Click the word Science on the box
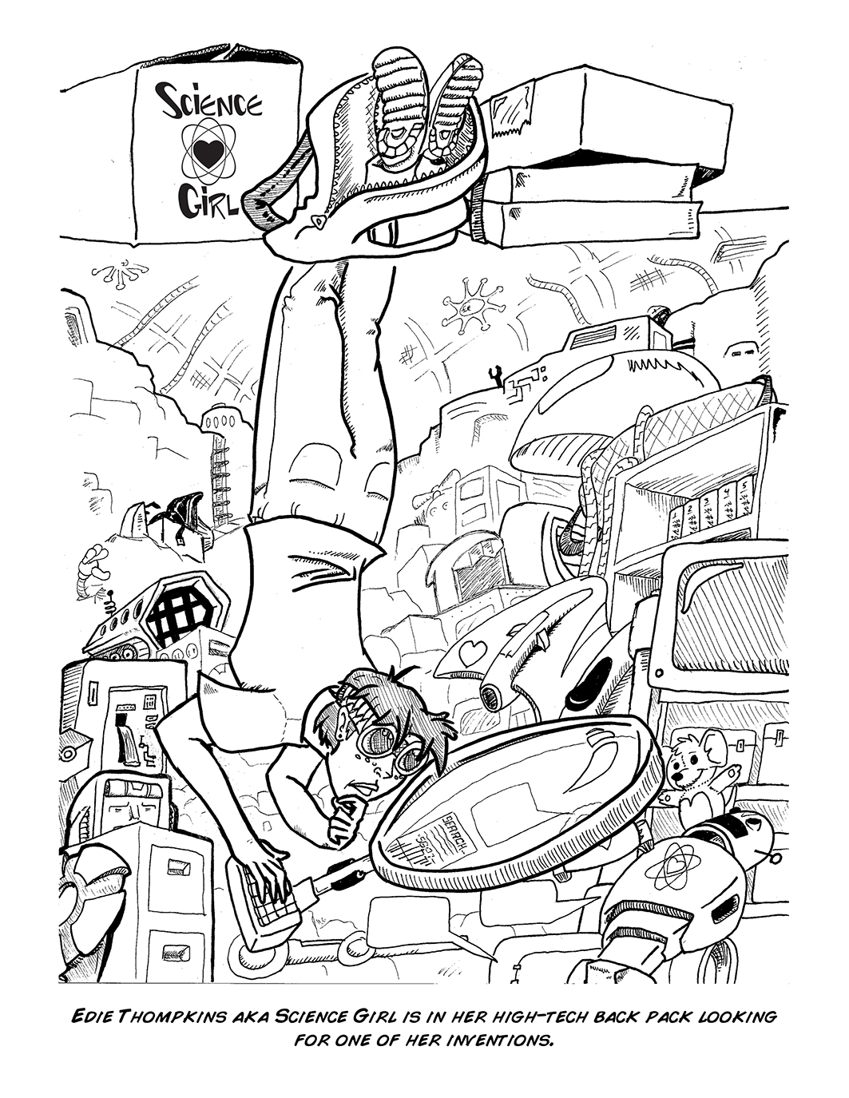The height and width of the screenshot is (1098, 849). pyautogui.click(x=210, y=106)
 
